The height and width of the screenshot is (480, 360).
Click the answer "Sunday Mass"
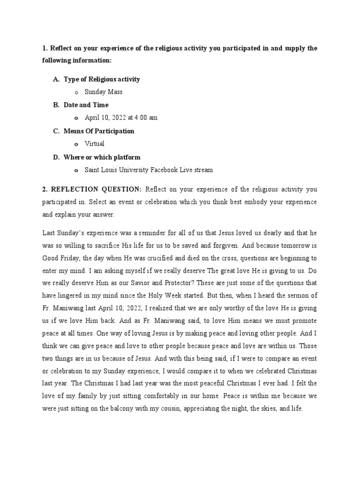point(103,92)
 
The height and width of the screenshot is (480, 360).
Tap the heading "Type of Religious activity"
point(102,79)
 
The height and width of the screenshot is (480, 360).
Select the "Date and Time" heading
point(86,105)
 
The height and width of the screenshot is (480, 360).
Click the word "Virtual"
point(94,143)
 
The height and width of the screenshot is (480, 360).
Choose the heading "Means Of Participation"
point(99,131)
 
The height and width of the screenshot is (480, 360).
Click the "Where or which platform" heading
point(102,157)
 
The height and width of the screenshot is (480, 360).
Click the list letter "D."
point(56,157)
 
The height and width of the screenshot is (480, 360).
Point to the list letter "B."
point(56,105)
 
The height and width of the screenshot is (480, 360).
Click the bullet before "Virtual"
point(76,144)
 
